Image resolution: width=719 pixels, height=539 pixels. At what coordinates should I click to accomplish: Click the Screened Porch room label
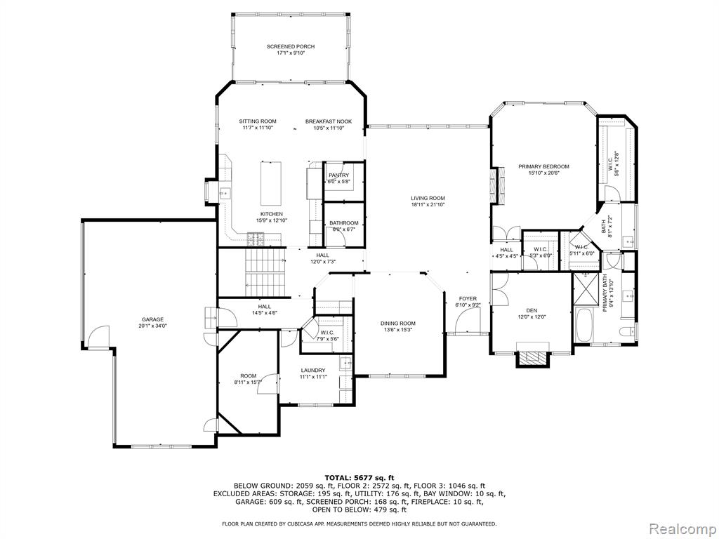click(x=291, y=47)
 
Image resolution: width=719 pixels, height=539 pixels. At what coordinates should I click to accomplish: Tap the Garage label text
click(x=152, y=319)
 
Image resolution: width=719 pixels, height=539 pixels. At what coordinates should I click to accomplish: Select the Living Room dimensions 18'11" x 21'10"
click(x=428, y=204)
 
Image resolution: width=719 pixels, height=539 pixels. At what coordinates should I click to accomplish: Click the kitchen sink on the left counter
click(x=224, y=194)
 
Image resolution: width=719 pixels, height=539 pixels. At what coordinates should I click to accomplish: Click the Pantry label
click(x=338, y=175)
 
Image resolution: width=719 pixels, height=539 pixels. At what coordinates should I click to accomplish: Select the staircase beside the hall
click(x=265, y=272)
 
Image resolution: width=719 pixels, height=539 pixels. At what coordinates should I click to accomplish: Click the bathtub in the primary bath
click(x=583, y=325)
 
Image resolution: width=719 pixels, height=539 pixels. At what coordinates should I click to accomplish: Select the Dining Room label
click(x=398, y=323)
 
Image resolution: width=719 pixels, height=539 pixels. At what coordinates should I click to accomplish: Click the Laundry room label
click(x=313, y=371)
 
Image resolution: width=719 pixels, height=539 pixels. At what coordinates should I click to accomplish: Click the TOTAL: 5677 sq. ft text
click(x=359, y=477)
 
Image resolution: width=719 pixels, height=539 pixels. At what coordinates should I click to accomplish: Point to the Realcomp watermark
click(x=682, y=528)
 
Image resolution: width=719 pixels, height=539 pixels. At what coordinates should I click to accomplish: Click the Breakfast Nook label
click(x=329, y=121)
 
